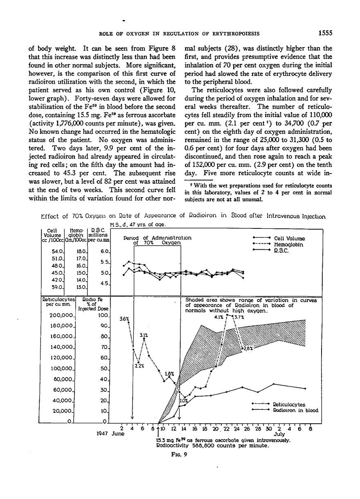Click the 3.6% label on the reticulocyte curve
click(x=124, y=319)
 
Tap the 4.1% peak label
click(x=219, y=316)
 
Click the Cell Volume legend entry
click(x=289, y=239)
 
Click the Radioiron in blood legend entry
click(x=295, y=410)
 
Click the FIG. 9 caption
click(x=179, y=459)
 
